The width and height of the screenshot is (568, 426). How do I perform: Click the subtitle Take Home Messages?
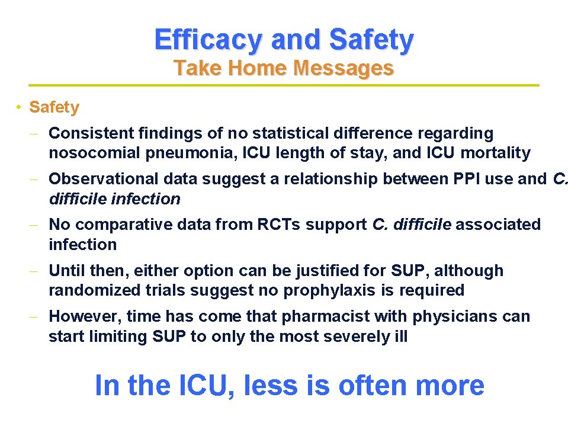pos(284,69)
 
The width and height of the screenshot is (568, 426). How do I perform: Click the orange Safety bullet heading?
pos(54,107)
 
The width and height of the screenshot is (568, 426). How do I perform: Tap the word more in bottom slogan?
pos(450,386)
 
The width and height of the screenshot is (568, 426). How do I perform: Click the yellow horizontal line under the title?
pos(284,85)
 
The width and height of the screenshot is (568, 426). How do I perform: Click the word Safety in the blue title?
pos(371,40)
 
